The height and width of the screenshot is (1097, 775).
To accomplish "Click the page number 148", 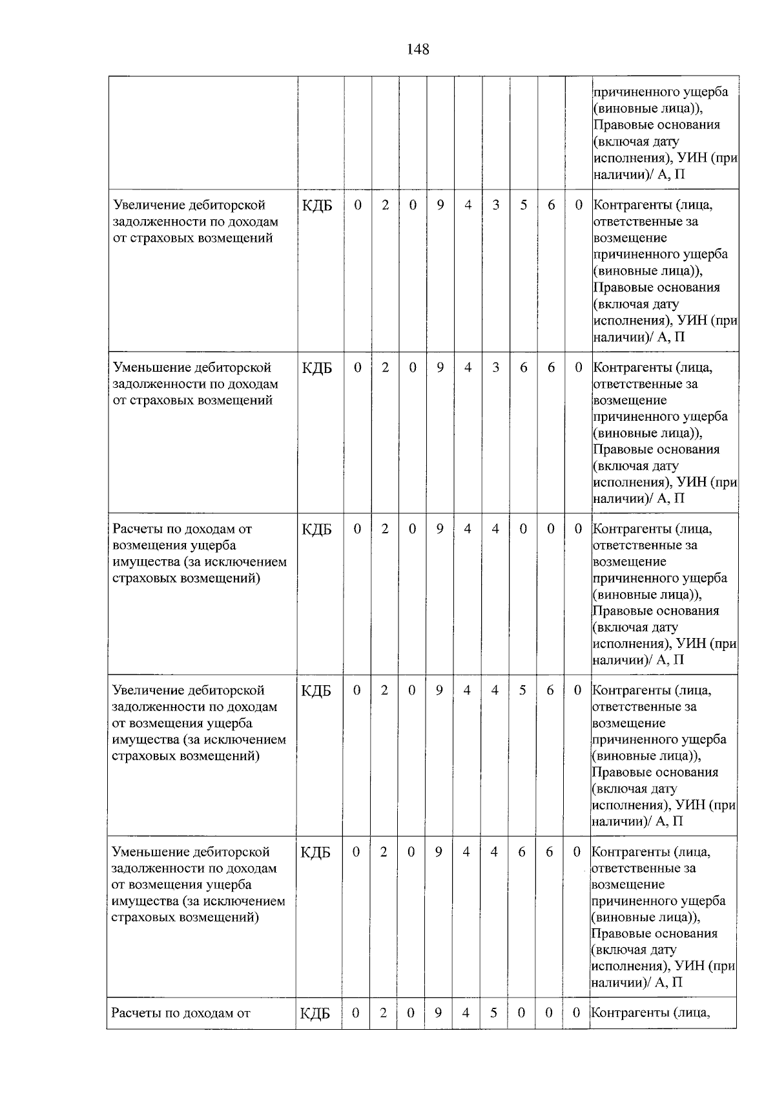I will pyautogui.click(x=418, y=49).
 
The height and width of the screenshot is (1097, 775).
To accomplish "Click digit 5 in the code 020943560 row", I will pyautogui.click(x=524, y=206).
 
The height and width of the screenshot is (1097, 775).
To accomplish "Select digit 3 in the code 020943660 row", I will pyautogui.click(x=495, y=368).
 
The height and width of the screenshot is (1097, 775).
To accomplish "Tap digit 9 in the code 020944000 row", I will pyautogui.click(x=440, y=529).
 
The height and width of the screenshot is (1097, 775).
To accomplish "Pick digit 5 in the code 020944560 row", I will pyautogui.click(x=522, y=690).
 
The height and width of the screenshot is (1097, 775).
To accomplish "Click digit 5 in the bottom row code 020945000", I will pyautogui.click(x=493, y=1012).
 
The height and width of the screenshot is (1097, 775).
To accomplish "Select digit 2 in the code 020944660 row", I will pyautogui.click(x=384, y=852).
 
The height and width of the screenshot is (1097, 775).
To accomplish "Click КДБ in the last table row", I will pyautogui.click(x=315, y=1013).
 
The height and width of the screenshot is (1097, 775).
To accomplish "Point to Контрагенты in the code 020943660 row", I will pyautogui.click(x=632, y=368).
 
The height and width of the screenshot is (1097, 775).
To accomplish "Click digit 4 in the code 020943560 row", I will pyautogui.click(x=468, y=206).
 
